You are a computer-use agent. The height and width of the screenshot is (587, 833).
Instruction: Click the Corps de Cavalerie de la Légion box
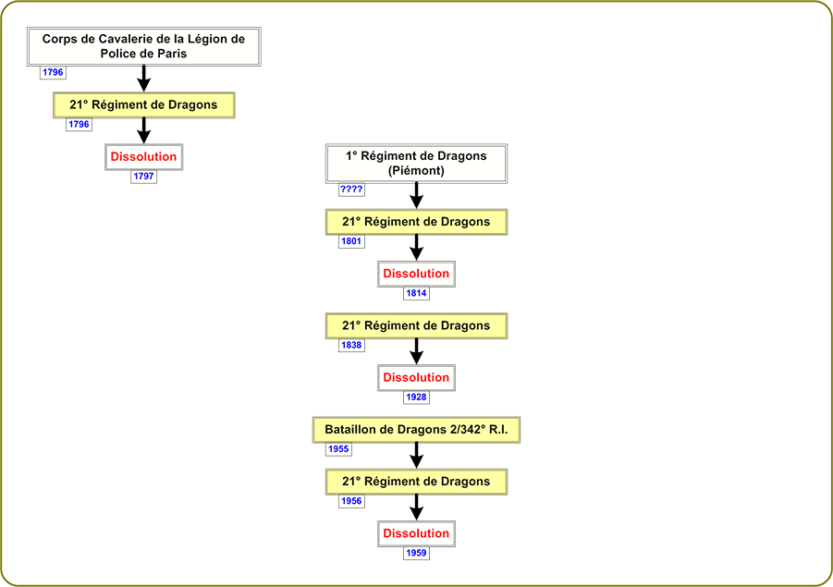[x=144, y=47]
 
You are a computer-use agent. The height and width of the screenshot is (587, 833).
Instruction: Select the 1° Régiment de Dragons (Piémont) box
[x=416, y=164]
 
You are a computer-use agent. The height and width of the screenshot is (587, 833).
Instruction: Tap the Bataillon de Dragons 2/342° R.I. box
[x=416, y=430]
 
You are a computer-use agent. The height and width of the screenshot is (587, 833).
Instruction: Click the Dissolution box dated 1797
[x=144, y=157]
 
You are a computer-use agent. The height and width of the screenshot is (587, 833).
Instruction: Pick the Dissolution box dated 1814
[x=416, y=275]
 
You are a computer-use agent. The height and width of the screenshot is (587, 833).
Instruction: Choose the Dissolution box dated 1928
[x=416, y=378]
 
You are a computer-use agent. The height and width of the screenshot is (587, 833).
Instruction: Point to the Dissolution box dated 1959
[x=416, y=534]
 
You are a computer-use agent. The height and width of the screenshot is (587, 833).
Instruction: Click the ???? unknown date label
[x=351, y=190]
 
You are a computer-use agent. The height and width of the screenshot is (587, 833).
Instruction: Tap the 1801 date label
[x=351, y=241]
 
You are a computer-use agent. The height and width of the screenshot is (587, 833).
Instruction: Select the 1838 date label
[x=351, y=346]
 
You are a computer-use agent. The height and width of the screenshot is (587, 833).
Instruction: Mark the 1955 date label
[x=339, y=449]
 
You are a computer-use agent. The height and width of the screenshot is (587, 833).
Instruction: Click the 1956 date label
[x=351, y=501]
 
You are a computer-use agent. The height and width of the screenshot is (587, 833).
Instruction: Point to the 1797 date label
[x=144, y=177]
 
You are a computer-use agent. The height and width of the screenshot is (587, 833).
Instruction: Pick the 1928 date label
[x=416, y=397]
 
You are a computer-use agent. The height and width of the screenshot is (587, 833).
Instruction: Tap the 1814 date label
[x=416, y=293]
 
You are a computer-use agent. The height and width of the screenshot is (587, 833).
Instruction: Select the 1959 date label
[x=416, y=553]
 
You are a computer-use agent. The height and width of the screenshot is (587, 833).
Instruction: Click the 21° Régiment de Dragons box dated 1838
[x=416, y=326]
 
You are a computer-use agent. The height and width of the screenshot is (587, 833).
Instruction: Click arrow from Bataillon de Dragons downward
[x=416, y=456]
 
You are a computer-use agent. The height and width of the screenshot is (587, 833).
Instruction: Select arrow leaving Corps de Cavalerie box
[x=144, y=79]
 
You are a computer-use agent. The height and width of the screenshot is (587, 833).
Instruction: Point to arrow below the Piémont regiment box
[x=416, y=195]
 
